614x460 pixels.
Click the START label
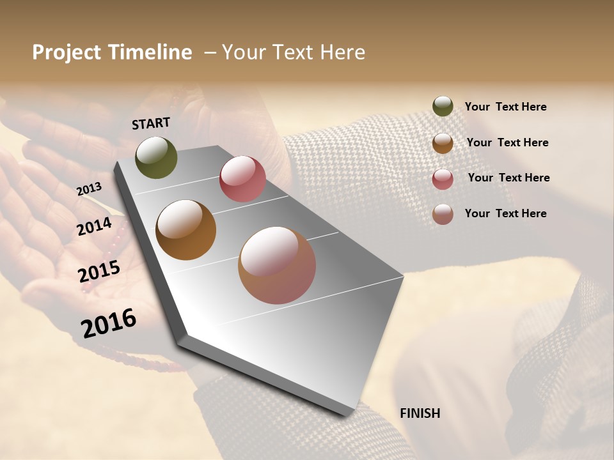point(151,123)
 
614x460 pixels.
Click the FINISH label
point(420,413)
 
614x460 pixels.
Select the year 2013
point(90,189)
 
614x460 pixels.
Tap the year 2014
point(95,227)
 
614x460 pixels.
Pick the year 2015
point(99,272)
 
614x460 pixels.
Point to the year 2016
point(109,323)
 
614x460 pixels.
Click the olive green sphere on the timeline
point(156,157)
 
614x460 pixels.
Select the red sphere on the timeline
point(242,179)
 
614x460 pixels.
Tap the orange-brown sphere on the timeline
point(185,230)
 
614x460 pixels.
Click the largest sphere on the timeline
point(277,265)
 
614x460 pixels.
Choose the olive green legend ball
point(443,106)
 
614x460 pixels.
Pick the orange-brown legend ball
point(443,143)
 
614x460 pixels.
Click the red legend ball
point(443,179)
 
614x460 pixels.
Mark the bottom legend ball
point(443,214)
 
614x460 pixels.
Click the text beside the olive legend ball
point(505,107)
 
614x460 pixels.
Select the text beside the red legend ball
point(508,178)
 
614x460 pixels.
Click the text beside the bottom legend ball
point(505,213)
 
